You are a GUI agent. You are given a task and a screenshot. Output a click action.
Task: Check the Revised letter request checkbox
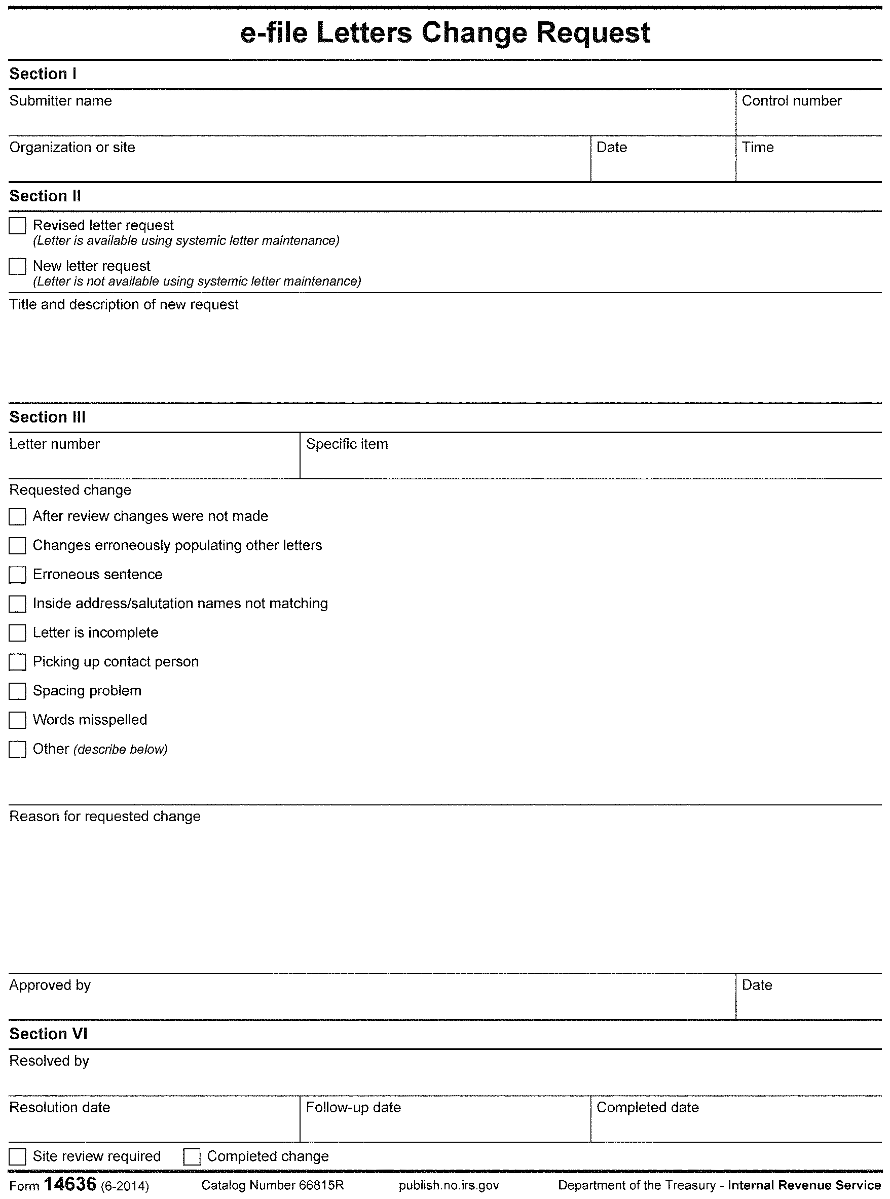[x=17, y=226]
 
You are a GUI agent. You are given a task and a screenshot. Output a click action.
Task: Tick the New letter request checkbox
[x=17, y=266]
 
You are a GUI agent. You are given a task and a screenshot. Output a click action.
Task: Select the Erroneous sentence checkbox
[x=17, y=575]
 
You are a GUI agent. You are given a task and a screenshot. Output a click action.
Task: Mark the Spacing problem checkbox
[x=17, y=691]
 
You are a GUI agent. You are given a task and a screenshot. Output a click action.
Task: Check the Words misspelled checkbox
[x=17, y=720]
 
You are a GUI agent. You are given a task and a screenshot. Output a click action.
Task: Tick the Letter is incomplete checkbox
[x=17, y=633]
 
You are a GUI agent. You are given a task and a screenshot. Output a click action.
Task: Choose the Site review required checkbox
[x=17, y=1157]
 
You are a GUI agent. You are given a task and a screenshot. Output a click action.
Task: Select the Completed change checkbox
[x=192, y=1157]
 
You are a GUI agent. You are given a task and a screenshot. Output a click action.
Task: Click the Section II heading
[x=45, y=196]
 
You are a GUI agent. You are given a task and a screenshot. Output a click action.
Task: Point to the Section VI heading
[x=49, y=1034]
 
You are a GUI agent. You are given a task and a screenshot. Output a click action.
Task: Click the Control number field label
[x=791, y=101]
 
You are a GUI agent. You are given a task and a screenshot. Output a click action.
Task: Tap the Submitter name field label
[x=61, y=101]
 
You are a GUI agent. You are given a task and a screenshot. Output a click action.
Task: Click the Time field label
[x=758, y=147]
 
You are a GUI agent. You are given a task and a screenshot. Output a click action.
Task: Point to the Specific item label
[x=347, y=444]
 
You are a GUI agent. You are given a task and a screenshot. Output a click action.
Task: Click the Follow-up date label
[x=353, y=1107]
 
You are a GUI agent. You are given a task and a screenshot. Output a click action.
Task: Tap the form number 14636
[x=69, y=1184]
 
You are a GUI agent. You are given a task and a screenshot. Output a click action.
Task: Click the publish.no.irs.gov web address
[x=449, y=1185]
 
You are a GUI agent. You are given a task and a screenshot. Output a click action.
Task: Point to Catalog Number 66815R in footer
[x=273, y=1185]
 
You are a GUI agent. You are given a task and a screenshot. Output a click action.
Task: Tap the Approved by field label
[x=50, y=985]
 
